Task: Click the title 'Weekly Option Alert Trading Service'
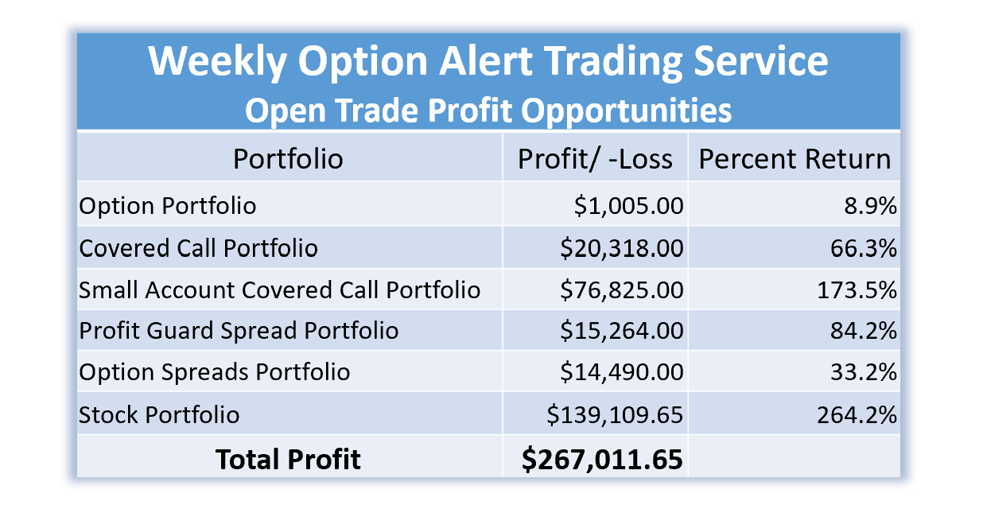(488, 61)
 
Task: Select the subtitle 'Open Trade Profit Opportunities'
(488, 110)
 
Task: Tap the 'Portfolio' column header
(288, 158)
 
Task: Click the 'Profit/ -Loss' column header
(595, 158)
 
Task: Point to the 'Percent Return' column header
(795, 158)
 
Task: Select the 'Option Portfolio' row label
(168, 205)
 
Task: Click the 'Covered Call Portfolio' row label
(198, 248)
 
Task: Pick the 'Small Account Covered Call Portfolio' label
(279, 289)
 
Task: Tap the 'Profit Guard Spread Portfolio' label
(239, 330)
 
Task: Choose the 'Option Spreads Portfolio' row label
(215, 372)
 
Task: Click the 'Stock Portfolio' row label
(159, 414)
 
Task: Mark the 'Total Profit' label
(288, 459)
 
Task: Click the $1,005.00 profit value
(629, 205)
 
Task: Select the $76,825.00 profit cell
(622, 290)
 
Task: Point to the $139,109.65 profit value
(615, 414)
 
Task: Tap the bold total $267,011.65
(602, 460)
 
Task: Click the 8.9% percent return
(871, 205)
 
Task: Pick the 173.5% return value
(857, 290)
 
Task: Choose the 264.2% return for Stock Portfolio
(857, 414)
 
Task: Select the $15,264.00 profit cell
(622, 330)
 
